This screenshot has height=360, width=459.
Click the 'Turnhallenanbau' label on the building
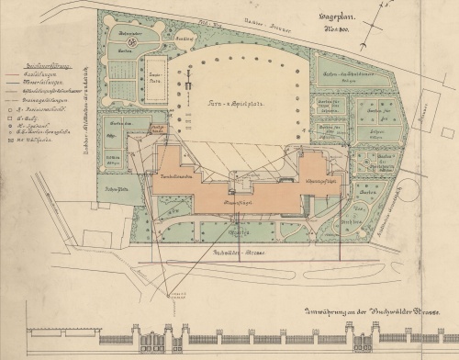[x=177, y=174]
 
